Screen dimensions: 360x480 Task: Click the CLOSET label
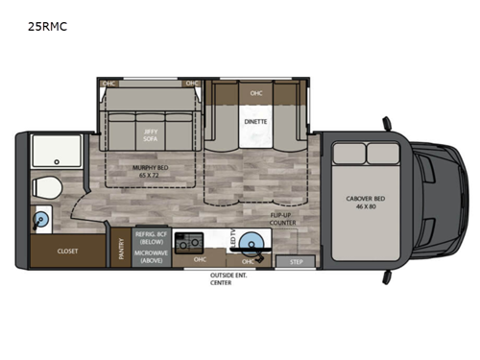[68, 252]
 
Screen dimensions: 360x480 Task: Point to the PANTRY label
[121, 249]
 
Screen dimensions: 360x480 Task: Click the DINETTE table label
[255, 123]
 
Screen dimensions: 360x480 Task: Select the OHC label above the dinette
[255, 93]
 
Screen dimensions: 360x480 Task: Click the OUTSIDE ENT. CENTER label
[228, 279]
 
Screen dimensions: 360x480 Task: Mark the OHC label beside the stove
[201, 258]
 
